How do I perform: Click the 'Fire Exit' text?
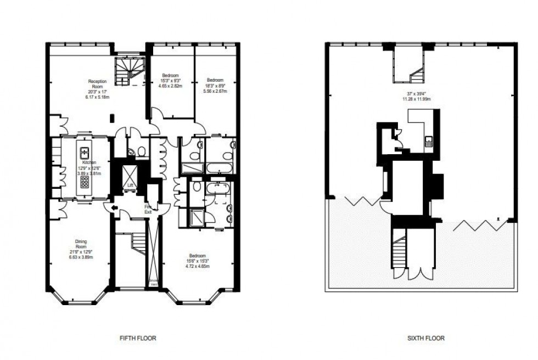(148, 209)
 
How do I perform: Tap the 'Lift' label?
(130, 185)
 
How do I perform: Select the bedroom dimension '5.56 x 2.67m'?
(215, 91)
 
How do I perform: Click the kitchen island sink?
(85, 153)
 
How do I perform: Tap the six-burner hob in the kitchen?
(85, 181)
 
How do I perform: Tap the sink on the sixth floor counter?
(429, 143)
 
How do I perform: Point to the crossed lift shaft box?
(130, 174)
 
